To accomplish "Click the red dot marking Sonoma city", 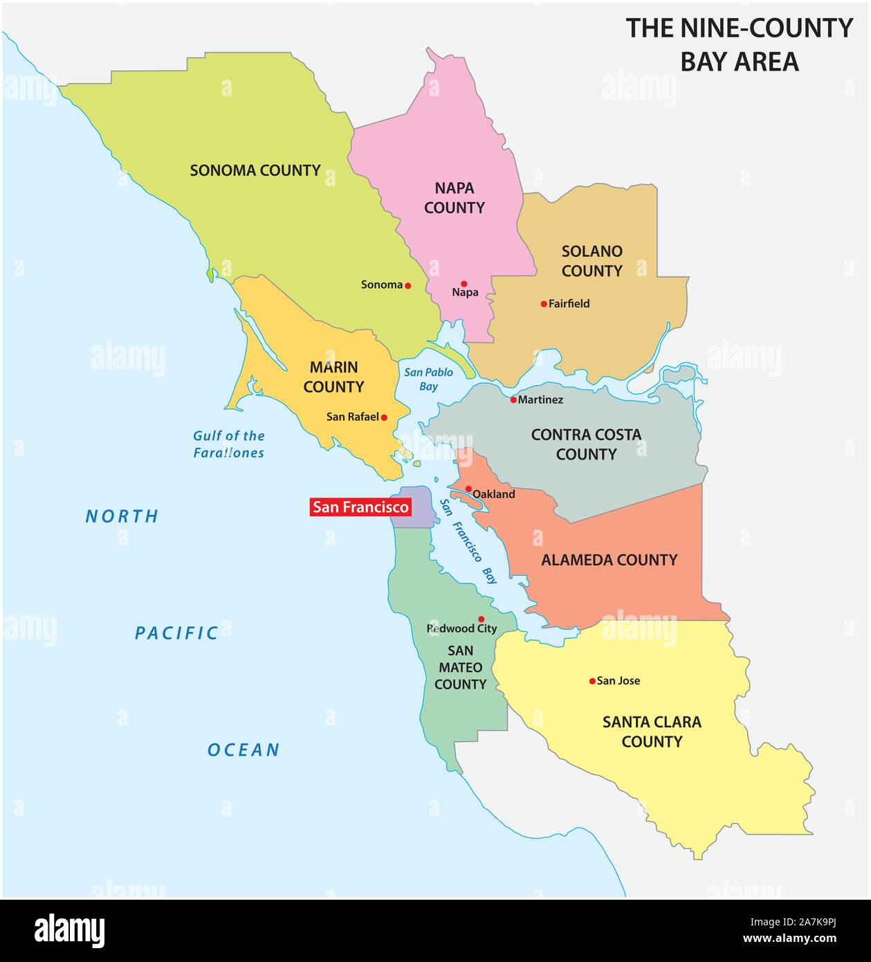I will click(408, 285).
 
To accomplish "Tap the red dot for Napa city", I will click(464, 284).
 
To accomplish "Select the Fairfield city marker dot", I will click(544, 304).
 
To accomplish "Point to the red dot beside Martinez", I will click(513, 400).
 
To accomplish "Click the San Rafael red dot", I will click(384, 417).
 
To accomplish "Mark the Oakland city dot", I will click(468, 489).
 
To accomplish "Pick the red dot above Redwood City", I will click(482, 619).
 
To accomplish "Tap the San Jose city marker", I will click(592, 681).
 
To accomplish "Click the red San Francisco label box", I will click(360, 507).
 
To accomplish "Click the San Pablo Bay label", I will click(428, 379).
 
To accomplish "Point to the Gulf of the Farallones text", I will click(228, 444).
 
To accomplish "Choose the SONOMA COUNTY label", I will click(255, 170).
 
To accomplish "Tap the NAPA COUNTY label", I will click(455, 197).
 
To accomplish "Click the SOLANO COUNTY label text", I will click(592, 261).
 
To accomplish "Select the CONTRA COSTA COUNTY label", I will click(586, 444).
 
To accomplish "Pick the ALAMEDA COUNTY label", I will click(609, 560).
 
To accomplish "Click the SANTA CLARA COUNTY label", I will click(652, 732).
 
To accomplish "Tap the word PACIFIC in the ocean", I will click(176, 633).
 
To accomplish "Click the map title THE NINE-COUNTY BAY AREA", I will click(739, 44).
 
